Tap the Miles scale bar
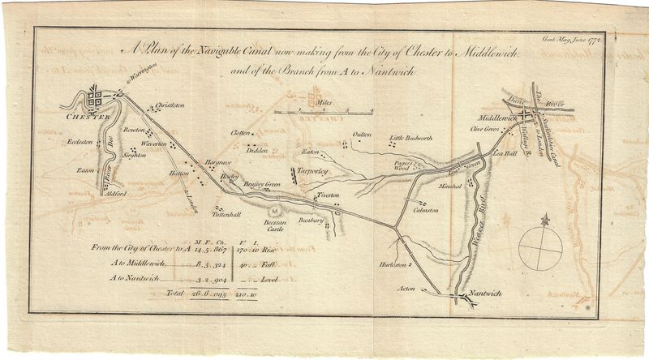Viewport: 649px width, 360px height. [322, 109]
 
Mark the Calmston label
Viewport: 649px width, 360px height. [425, 209]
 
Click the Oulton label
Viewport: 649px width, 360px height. [362, 135]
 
